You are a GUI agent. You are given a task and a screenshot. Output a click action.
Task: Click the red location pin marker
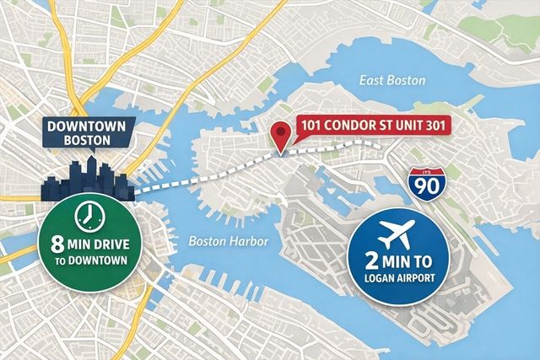[279, 134]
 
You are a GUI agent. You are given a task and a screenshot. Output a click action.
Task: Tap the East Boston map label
[393, 80]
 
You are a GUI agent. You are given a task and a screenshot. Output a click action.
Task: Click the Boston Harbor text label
[229, 242]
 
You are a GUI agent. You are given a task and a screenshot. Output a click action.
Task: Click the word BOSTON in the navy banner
[84, 142]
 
